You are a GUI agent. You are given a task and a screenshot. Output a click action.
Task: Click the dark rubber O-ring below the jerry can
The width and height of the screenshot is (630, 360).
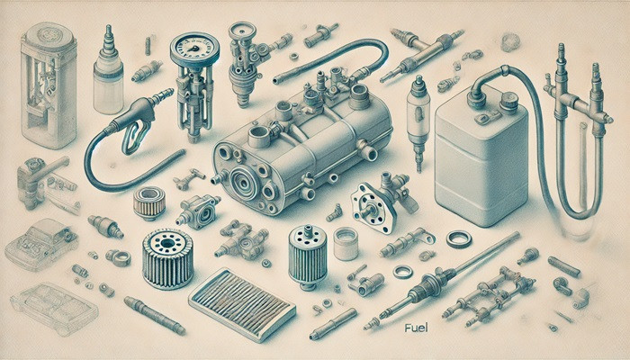(458, 238)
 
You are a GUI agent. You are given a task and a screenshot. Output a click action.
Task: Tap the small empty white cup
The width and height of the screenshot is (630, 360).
(346, 242)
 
